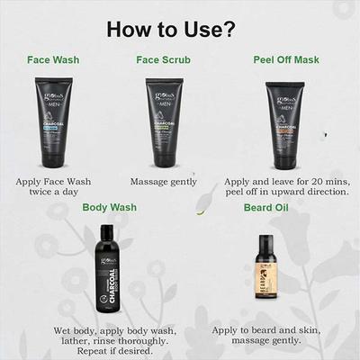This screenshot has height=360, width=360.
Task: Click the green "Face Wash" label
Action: [x=53, y=61]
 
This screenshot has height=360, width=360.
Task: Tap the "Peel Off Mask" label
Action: [x=283, y=61]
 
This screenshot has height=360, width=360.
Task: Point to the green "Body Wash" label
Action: [x=109, y=208]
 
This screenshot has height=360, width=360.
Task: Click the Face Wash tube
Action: [x=53, y=122]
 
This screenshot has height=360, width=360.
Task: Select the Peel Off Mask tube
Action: [x=282, y=122]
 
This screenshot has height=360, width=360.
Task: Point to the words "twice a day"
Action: [x=54, y=193]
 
